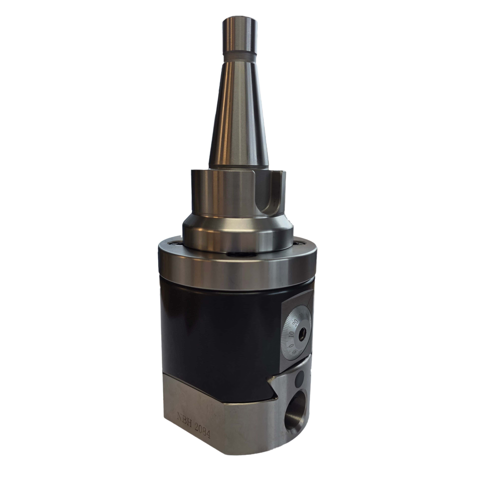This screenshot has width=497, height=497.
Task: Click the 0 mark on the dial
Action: [291, 346]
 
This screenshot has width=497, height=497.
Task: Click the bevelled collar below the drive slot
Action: [237, 229]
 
